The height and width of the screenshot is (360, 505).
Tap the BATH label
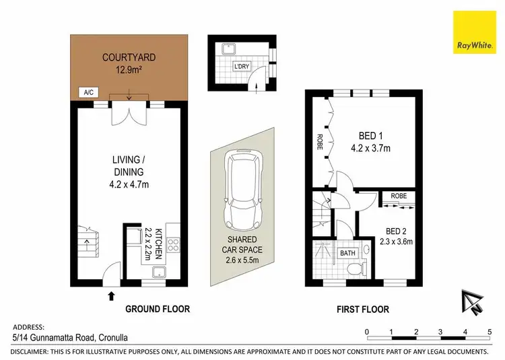[347, 253]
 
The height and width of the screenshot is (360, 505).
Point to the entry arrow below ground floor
[111, 295]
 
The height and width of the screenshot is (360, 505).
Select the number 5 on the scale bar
[489, 331]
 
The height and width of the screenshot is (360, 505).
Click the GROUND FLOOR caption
[158, 310]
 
